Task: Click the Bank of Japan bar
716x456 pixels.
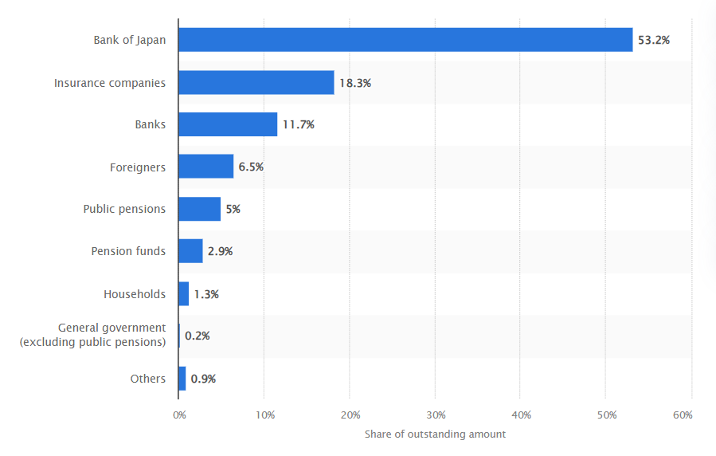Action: (405, 40)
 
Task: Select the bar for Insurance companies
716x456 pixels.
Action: (256, 82)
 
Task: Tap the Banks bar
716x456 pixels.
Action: (228, 124)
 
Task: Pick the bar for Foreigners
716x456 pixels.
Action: (205, 167)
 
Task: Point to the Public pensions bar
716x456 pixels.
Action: (199, 209)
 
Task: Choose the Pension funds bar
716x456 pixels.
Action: (190, 251)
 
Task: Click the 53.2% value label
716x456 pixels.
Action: (654, 40)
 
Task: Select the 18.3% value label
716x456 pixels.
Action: (355, 82)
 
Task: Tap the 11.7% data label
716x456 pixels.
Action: (299, 124)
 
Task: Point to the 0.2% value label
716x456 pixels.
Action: (198, 336)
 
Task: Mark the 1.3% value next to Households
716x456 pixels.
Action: (206, 294)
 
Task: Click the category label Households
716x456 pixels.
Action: (135, 294)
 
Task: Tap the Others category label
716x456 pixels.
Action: (148, 379)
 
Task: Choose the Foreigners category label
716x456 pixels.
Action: (138, 167)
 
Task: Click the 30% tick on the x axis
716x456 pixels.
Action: (436, 415)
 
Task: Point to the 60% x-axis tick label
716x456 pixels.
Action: (683, 415)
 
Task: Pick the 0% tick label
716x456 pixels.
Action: (180, 415)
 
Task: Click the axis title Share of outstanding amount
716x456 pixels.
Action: (435, 434)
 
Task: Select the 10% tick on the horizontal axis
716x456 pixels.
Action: (265, 415)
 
